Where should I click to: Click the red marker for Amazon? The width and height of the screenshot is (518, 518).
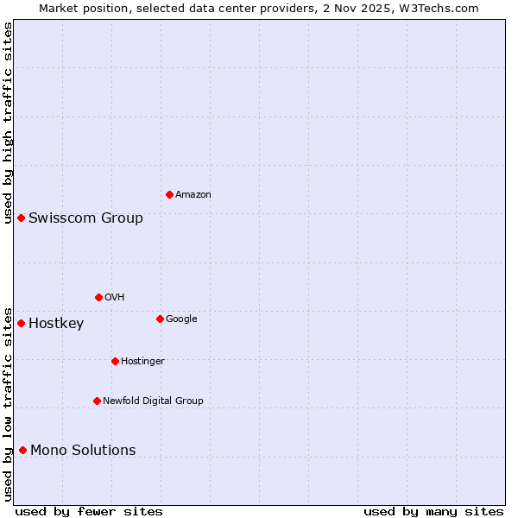click(x=169, y=194)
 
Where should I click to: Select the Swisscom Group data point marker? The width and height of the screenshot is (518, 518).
click(x=21, y=218)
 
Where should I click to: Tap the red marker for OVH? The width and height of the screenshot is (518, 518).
click(x=98, y=297)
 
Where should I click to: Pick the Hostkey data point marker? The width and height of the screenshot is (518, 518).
click(x=21, y=323)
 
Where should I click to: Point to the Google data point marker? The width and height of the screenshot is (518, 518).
click(x=160, y=319)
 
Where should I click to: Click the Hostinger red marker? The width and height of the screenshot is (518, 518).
click(x=115, y=361)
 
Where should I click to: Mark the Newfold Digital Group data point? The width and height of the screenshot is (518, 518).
click(x=97, y=401)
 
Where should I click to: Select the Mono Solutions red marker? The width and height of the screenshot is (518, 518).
click(x=22, y=450)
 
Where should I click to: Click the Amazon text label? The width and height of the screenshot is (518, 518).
click(x=193, y=195)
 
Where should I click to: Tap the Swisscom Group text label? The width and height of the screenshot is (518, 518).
click(x=85, y=218)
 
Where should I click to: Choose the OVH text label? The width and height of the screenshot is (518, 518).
click(x=115, y=298)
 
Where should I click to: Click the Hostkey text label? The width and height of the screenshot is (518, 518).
click(x=56, y=324)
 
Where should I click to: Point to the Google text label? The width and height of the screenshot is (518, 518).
click(x=181, y=319)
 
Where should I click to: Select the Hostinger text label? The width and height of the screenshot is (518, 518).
click(x=142, y=361)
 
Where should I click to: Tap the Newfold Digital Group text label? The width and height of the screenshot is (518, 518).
click(x=153, y=401)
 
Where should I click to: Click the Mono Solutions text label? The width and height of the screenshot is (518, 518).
click(x=83, y=450)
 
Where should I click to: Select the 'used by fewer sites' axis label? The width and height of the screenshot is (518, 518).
click(x=89, y=511)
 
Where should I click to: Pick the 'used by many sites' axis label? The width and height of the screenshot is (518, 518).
click(x=433, y=511)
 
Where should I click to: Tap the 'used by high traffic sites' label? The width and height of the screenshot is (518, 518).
click(x=8, y=123)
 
